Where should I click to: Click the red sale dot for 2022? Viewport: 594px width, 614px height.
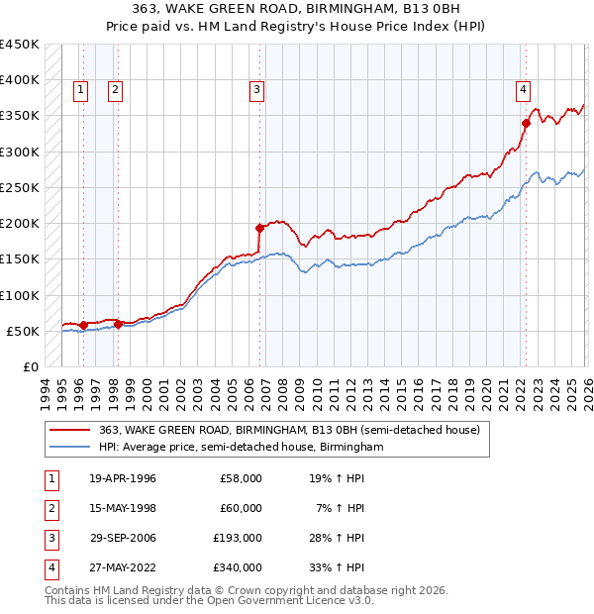coord(526,123)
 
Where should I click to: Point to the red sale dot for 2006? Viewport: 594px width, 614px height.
coord(259,228)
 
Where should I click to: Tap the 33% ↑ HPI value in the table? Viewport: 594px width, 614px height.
coord(338,567)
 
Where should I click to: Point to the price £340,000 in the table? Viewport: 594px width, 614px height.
coord(239,567)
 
